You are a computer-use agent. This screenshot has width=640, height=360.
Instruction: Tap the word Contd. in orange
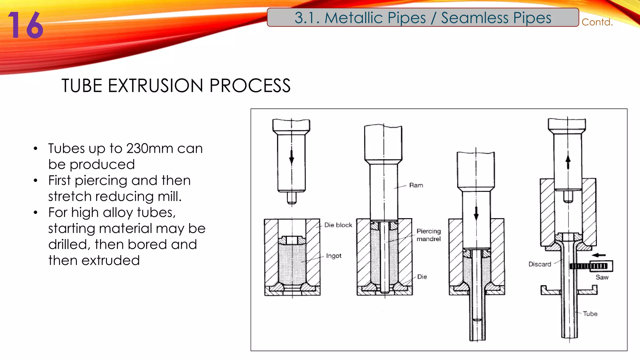597,22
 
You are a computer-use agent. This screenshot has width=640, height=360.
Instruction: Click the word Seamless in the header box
474,18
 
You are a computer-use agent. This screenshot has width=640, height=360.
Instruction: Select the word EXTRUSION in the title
156,86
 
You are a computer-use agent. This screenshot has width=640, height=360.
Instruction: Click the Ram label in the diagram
416,185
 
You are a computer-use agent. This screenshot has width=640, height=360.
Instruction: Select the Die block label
338,225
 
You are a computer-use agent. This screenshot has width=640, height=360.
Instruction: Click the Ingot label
333,256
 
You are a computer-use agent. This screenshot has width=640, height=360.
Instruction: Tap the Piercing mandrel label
428,235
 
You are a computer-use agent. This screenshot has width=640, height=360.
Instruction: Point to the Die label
422,277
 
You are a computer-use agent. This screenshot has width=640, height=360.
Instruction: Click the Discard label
540,264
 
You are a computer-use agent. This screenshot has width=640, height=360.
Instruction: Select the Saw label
602,277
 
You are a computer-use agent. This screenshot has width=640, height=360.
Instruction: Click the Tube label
590,314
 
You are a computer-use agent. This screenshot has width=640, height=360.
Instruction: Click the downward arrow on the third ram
476,213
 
